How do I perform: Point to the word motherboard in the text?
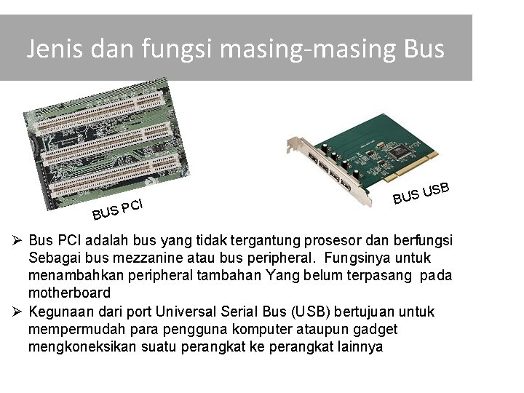(70, 293)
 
